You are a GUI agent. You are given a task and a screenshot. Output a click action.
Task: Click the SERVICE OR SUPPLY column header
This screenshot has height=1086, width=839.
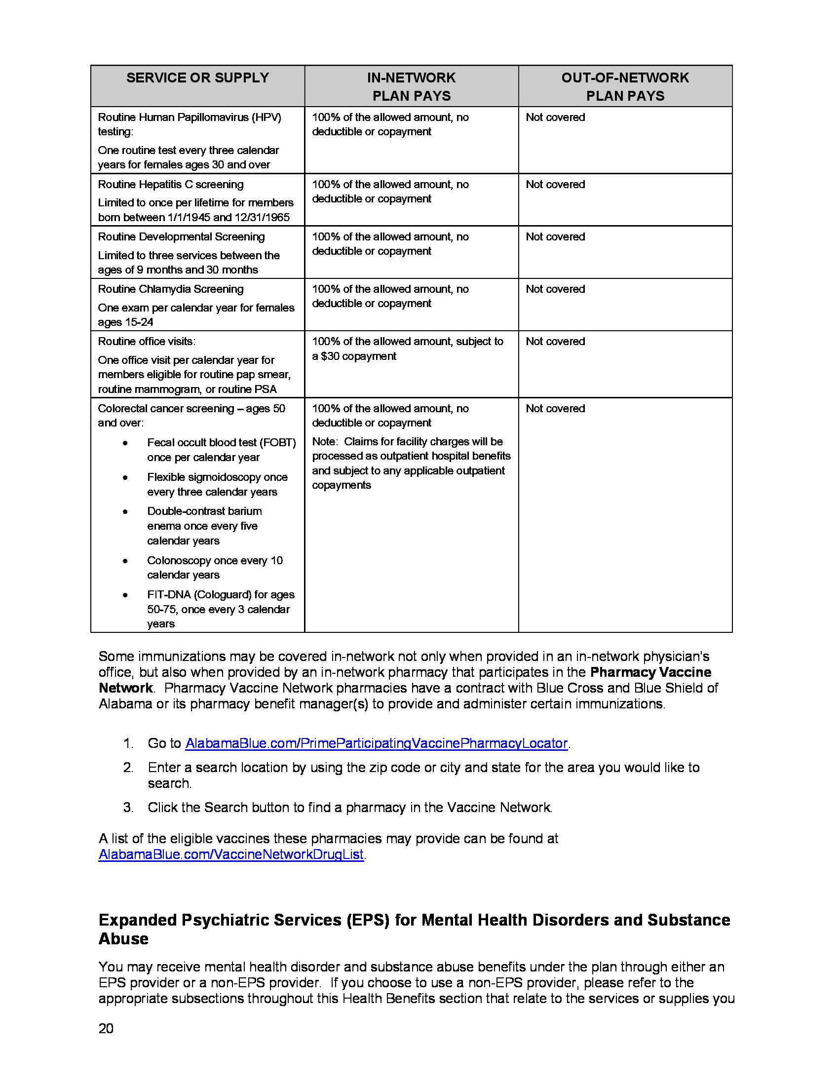click(197, 78)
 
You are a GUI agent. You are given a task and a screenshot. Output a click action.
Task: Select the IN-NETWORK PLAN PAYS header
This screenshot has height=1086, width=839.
click(411, 86)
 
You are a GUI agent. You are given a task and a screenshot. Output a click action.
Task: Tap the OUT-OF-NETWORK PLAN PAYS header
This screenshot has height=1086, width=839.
click(625, 86)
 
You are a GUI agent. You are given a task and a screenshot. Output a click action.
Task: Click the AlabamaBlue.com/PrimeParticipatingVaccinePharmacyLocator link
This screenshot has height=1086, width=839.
click(376, 743)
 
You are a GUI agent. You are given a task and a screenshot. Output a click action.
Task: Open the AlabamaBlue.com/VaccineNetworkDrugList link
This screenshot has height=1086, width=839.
click(231, 855)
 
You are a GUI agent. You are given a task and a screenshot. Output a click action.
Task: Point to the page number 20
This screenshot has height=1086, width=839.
click(106, 1028)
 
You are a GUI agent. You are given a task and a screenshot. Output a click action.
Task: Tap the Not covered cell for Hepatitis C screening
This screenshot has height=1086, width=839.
click(555, 185)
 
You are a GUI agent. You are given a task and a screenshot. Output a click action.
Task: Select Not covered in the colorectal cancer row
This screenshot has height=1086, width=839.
click(555, 409)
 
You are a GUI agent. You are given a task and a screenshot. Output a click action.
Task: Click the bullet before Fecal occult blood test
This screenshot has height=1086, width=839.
click(125, 443)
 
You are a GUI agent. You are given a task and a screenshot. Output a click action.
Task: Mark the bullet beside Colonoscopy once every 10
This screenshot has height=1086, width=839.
click(125, 561)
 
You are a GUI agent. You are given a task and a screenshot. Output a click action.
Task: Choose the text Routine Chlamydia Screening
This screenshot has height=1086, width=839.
click(170, 289)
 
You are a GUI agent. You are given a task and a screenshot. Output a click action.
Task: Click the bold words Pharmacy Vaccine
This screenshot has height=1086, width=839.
click(650, 672)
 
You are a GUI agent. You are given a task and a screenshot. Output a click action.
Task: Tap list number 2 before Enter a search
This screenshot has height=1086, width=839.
click(128, 768)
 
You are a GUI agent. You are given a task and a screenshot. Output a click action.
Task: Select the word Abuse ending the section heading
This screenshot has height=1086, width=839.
click(123, 939)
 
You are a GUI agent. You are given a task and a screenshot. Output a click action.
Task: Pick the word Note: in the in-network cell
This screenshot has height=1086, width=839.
click(325, 442)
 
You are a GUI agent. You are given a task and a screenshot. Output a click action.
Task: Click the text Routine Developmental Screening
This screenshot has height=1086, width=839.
click(181, 236)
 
